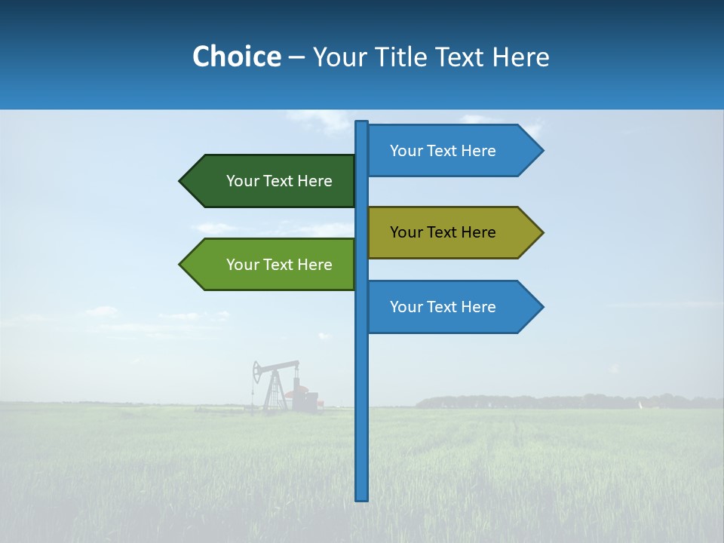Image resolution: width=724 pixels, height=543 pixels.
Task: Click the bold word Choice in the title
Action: [236, 57]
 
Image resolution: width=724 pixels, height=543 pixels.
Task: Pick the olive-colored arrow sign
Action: [449, 232]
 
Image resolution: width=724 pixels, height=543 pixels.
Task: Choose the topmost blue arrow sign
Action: [449, 151]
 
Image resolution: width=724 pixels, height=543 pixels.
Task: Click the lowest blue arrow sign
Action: [449, 307]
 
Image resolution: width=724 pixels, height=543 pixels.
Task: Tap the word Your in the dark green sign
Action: [242, 181]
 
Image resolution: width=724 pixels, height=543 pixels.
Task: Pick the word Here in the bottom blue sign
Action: [478, 307]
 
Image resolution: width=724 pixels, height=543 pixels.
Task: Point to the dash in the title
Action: [296, 58]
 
